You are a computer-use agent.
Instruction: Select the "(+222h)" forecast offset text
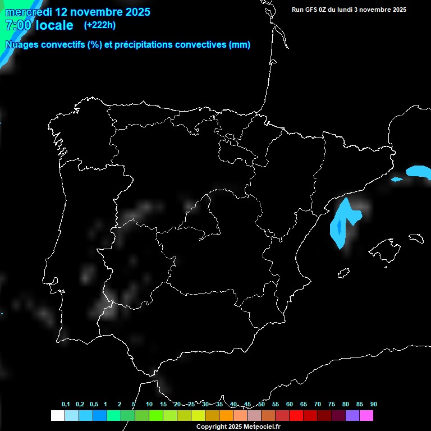coord(100,25)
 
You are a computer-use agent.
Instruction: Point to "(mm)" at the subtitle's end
coord(240,45)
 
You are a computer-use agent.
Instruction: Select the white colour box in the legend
coord(57,416)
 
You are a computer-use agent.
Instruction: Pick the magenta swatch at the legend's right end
coord(366,416)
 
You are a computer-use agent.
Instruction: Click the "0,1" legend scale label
coord(66,405)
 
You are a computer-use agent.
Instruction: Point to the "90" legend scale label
coord(374,405)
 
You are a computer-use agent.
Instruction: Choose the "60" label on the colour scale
coord(290,405)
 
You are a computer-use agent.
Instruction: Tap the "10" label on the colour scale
coord(149,405)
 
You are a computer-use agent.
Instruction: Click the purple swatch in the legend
coord(352,416)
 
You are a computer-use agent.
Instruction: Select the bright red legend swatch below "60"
coord(296,416)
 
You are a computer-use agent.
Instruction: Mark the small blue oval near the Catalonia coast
coord(397,180)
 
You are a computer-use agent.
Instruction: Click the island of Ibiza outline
coord(344,273)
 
